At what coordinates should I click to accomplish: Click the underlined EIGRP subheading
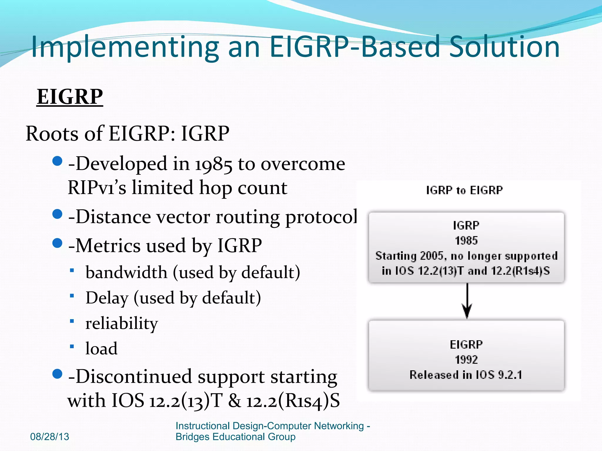click(x=70, y=97)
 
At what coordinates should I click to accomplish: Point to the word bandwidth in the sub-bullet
click(x=126, y=272)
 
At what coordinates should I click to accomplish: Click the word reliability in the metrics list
click(x=121, y=324)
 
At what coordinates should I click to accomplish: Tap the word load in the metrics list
click(x=101, y=349)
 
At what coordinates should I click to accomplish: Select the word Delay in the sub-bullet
click(x=107, y=298)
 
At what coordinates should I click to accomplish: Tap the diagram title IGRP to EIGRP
click(x=464, y=190)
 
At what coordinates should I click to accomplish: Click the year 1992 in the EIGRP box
click(x=466, y=360)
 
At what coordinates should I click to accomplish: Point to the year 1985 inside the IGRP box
click(x=466, y=241)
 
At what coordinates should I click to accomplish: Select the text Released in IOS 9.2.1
click(x=466, y=375)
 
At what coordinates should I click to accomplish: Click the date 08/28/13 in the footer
click(x=50, y=437)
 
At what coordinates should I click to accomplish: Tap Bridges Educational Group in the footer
click(x=235, y=437)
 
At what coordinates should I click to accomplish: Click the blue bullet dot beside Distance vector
click(x=57, y=214)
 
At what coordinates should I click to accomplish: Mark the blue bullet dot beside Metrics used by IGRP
click(x=57, y=243)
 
